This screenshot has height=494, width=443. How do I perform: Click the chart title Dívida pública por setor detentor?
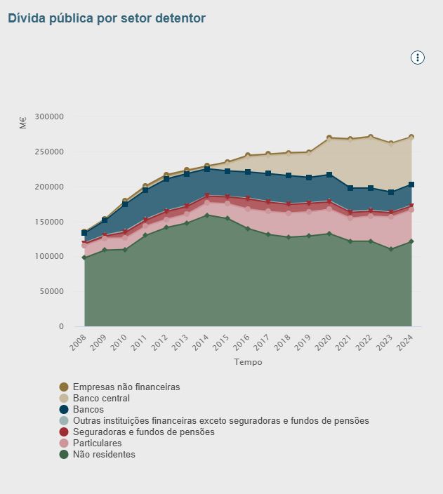pos(107,18)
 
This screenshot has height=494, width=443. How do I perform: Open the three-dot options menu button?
pos(418,58)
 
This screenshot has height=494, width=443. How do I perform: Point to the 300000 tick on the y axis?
pos(48,116)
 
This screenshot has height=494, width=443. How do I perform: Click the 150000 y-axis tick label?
pos(48,222)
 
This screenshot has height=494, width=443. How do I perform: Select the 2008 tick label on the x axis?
pos(77,344)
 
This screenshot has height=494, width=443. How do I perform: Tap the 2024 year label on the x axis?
pos(405,344)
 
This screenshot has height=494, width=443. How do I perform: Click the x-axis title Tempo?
pos(248,362)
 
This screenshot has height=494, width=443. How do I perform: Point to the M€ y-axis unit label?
pos(23,123)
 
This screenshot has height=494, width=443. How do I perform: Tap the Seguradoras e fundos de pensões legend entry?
pos(143,432)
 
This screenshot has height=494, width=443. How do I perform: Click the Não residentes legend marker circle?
pos(64,454)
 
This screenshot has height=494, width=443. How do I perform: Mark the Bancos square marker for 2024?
pos(411,185)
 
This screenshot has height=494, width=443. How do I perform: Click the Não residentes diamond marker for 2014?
pos(206,215)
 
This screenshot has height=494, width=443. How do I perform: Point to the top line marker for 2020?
pos(329,138)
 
